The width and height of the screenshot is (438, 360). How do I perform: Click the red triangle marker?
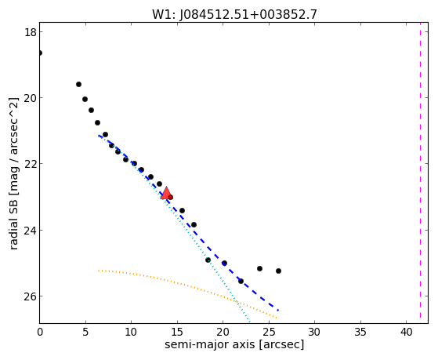166,193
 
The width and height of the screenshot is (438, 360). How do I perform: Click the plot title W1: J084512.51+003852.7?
234,14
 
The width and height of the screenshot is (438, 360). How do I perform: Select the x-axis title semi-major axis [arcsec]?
234,344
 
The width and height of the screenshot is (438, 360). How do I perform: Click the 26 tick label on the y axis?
30,296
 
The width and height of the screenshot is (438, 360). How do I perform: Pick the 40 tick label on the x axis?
407,332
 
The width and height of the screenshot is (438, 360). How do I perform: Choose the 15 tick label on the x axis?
177,332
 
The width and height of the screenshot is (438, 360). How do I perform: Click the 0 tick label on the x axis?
40,332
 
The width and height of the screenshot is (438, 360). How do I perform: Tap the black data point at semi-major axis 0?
40,53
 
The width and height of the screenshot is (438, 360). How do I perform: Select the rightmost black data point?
278,271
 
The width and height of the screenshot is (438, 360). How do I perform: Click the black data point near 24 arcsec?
260,268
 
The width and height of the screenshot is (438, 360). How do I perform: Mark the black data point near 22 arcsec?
241,281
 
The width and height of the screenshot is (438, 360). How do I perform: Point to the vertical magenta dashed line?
420,173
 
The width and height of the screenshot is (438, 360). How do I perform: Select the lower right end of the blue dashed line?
278,311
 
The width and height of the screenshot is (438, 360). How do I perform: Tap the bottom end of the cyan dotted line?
249,322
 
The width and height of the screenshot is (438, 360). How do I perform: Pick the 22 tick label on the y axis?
30,164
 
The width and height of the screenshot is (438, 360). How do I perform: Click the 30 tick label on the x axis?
314,332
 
